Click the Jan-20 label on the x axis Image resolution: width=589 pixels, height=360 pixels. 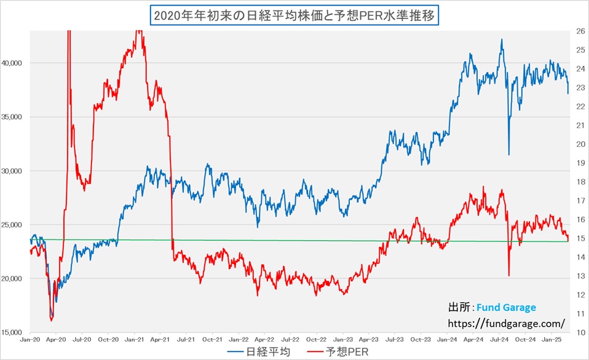(x=30, y=338)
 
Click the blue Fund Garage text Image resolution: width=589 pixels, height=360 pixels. (x=510, y=307)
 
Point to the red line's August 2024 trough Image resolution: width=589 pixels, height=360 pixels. (x=509, y=275)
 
